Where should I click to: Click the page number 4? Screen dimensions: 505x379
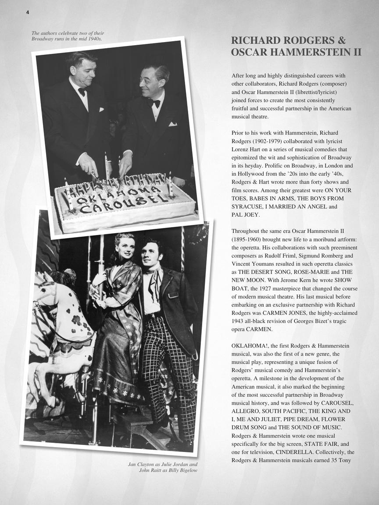click(28, 12)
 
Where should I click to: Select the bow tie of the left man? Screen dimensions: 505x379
click(82, 92)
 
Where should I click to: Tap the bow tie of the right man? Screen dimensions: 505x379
click(154, 103)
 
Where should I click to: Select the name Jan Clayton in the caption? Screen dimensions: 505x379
click(143, 464)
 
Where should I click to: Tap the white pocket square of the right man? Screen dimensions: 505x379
click(172, 124)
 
